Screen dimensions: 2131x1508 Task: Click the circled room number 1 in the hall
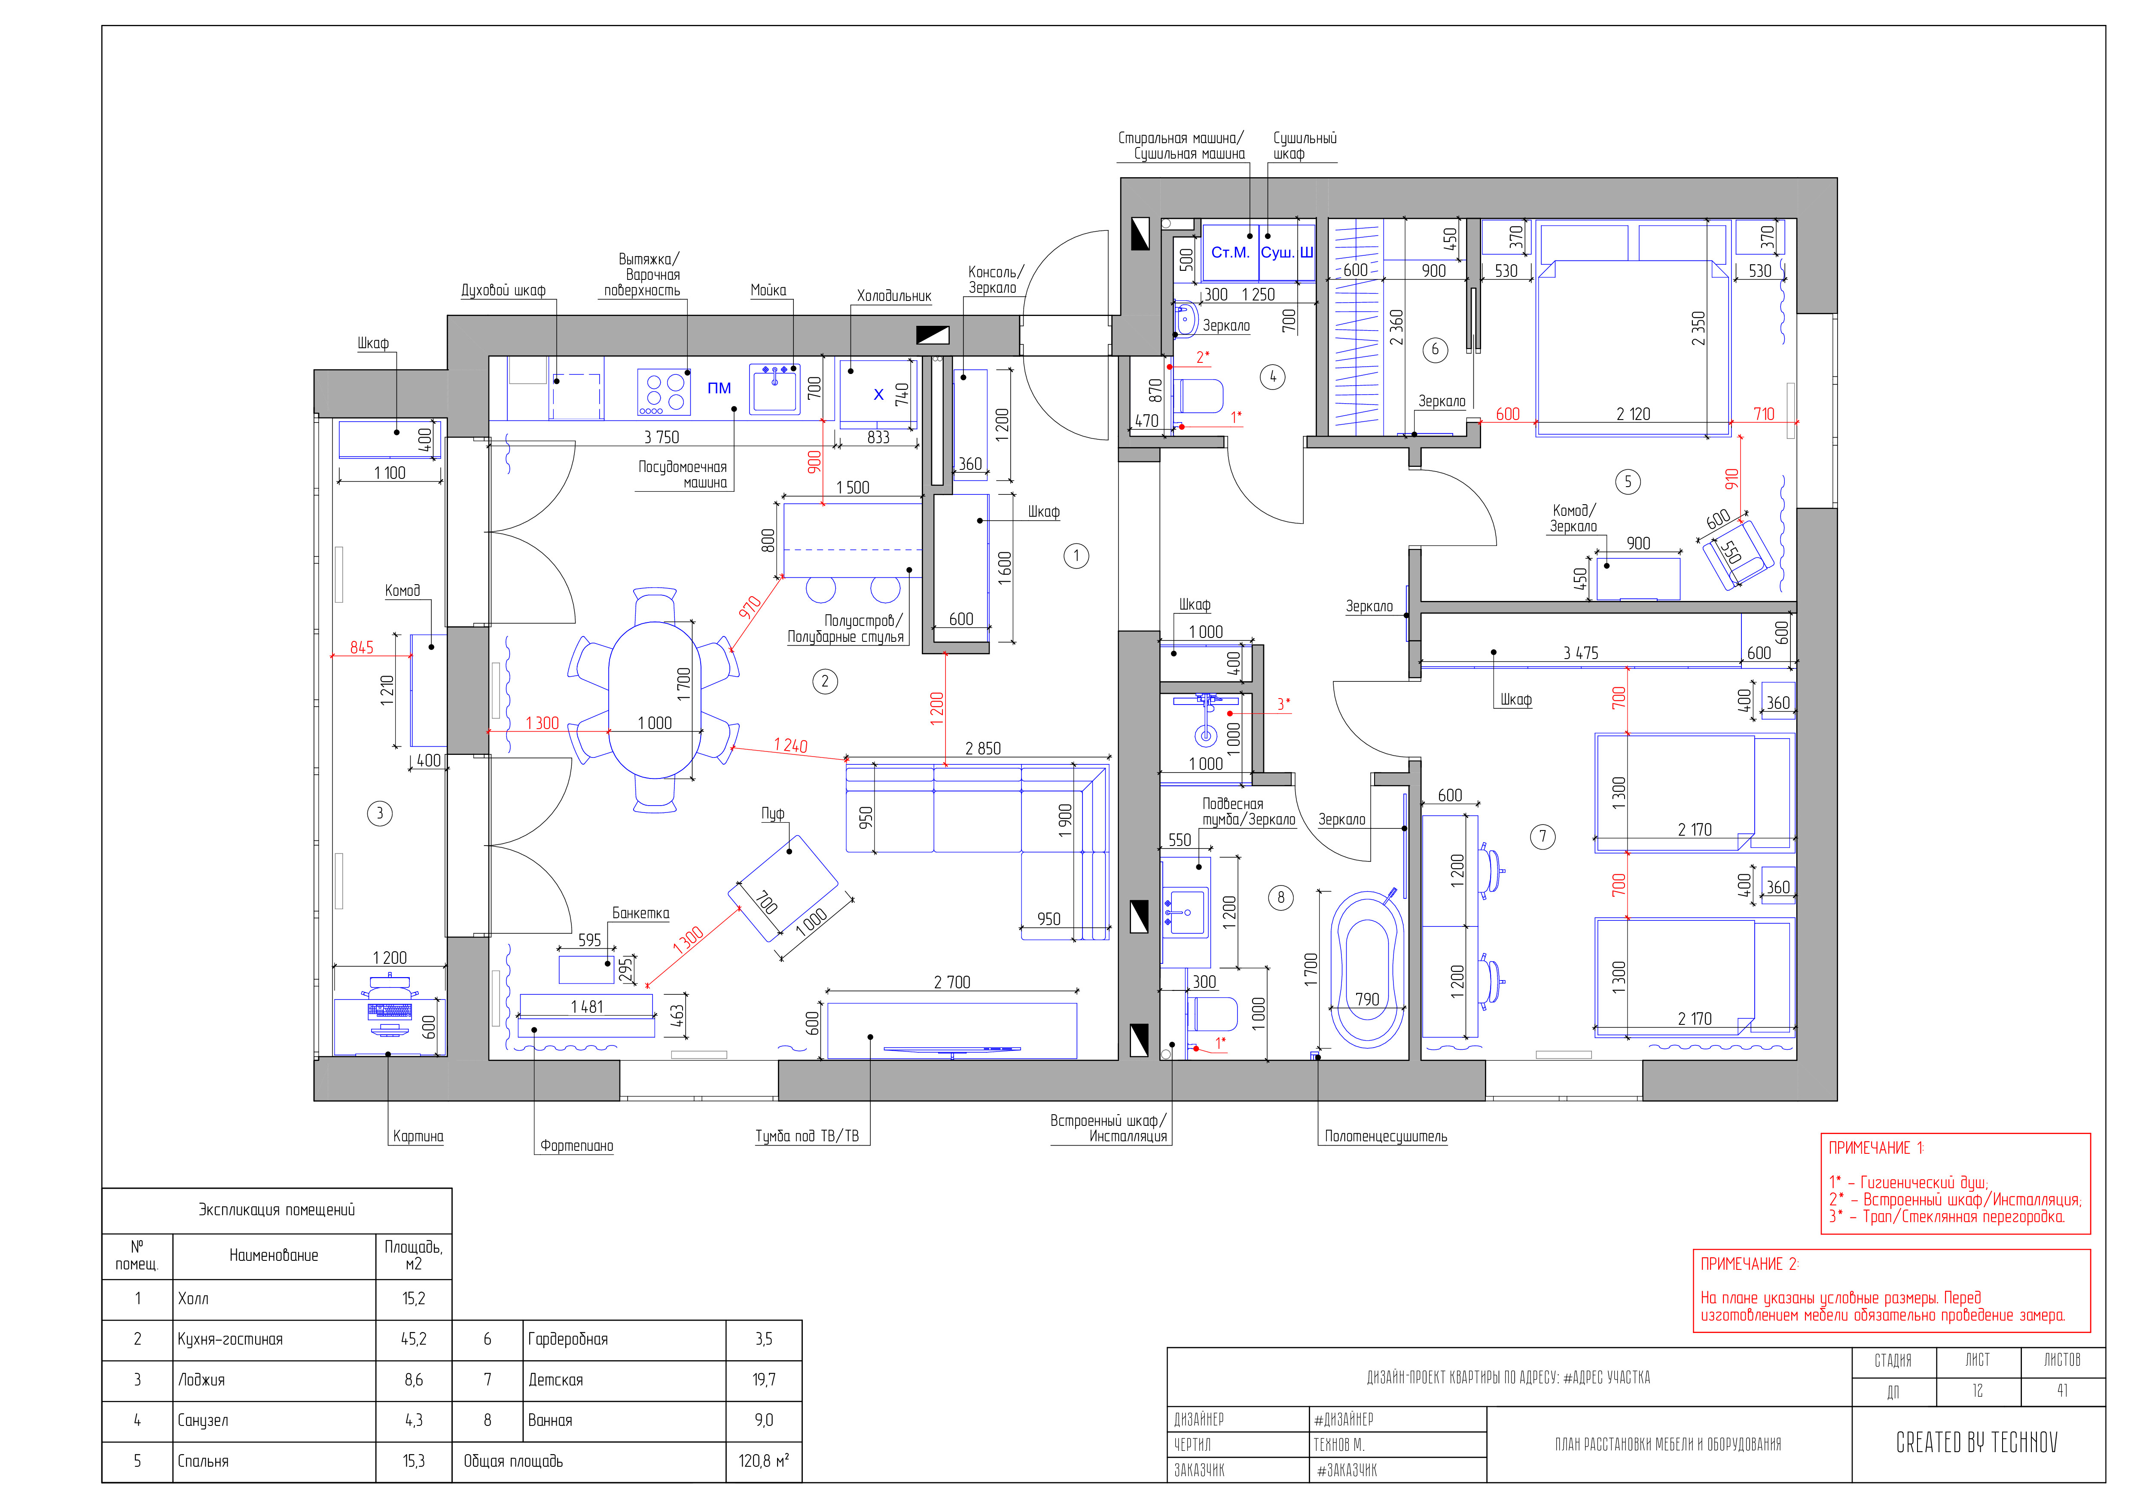tap(1076, 556)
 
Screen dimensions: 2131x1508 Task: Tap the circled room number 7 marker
tap(1543, 837)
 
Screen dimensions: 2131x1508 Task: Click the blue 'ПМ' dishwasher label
tap(719, 388)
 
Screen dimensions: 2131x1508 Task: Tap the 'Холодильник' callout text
tap(894, 296)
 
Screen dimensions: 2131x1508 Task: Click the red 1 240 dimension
tap(791, 746)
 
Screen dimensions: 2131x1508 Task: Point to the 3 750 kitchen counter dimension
tap(662, 437)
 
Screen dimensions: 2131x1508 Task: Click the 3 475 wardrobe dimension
tap(1581, 654)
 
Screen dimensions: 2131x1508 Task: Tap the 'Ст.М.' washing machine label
tap(1231, 253)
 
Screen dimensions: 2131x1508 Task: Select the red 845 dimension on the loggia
tap(362, 647)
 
